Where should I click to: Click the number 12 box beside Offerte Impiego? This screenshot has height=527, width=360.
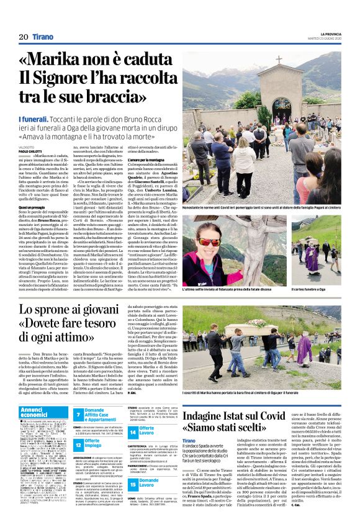(x=78, y=444)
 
